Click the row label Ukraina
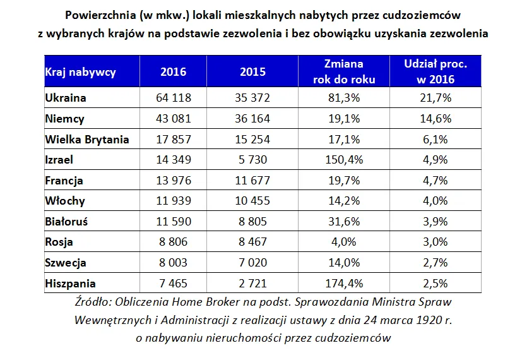click(x=66, y=98)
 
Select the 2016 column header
click(x=174, y=71)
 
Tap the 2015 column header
click(x=252, y=71)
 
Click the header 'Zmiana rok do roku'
click(x=343, y=71)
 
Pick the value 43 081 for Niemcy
click(x=174, y=119)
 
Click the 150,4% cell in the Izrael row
click(x=343, y=160)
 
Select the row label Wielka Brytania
click(x=87, y=140)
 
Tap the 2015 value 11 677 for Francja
click(x=252, y=181)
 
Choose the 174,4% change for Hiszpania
click(x=343, y=284)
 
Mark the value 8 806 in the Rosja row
click(x=174, y=242)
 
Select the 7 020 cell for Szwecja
click(x=252, y=263)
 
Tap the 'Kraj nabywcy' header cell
click(x=81, y=71)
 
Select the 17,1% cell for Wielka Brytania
click(x=343, y=140)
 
